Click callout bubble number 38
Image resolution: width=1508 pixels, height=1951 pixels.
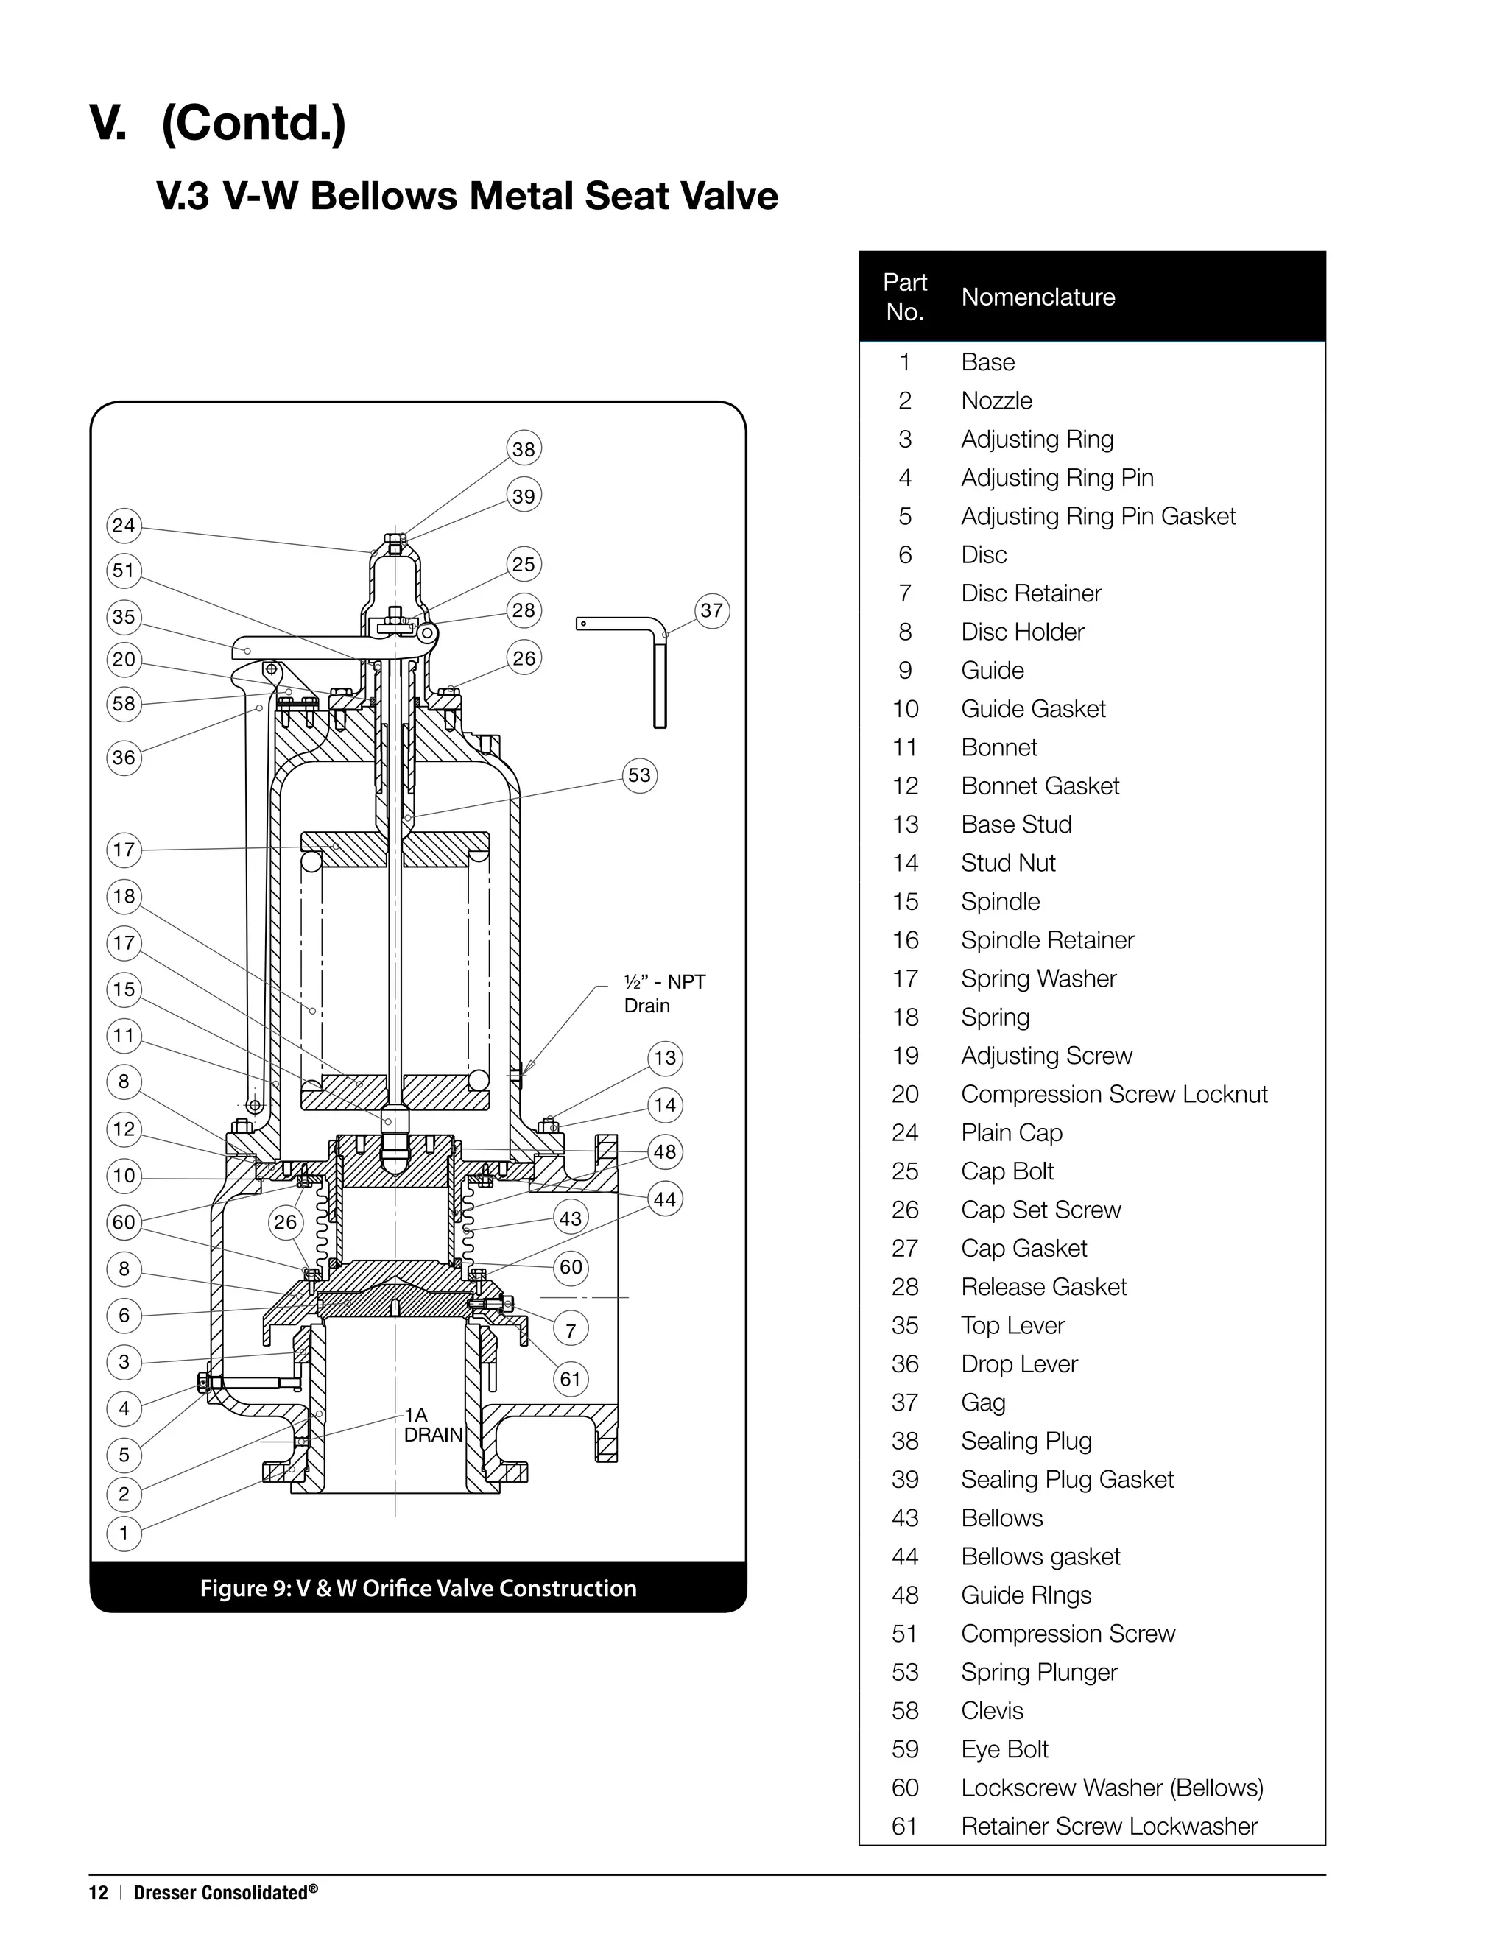(524, 448)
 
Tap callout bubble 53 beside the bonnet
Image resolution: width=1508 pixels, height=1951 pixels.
(638, 775)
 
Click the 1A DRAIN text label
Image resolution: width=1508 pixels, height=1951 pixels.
(432, 1425)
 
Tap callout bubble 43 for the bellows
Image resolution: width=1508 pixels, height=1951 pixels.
(570, 1218)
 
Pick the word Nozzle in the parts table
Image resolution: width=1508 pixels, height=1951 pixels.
(996, 401)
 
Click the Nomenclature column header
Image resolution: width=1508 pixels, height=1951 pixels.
(1037, 297)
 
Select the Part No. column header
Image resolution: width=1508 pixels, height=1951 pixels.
(904, 297)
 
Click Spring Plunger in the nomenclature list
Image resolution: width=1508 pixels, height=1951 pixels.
(1038, 1672)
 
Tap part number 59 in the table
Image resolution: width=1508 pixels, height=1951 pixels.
(904, 1749)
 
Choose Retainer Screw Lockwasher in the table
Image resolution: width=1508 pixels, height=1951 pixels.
(1109, 1826)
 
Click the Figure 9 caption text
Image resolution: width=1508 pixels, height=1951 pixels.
(418, 1588)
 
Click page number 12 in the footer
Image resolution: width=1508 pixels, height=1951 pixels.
(97, 1893)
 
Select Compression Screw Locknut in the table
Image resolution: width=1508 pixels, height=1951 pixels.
(1113, 1094)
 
